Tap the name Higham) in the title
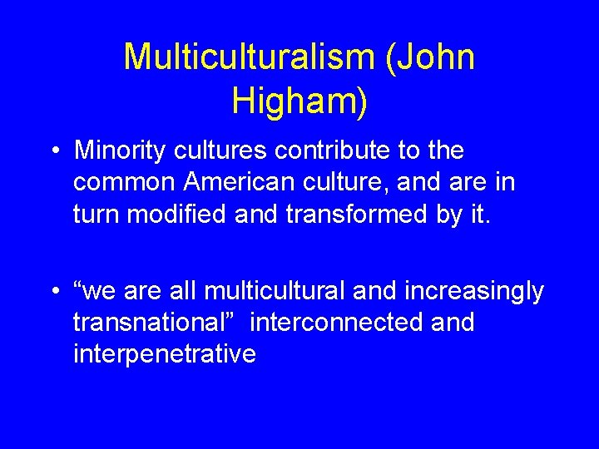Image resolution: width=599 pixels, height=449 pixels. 299,101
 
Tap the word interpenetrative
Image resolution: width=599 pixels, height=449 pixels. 165,354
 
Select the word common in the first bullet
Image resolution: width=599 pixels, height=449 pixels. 124,183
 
